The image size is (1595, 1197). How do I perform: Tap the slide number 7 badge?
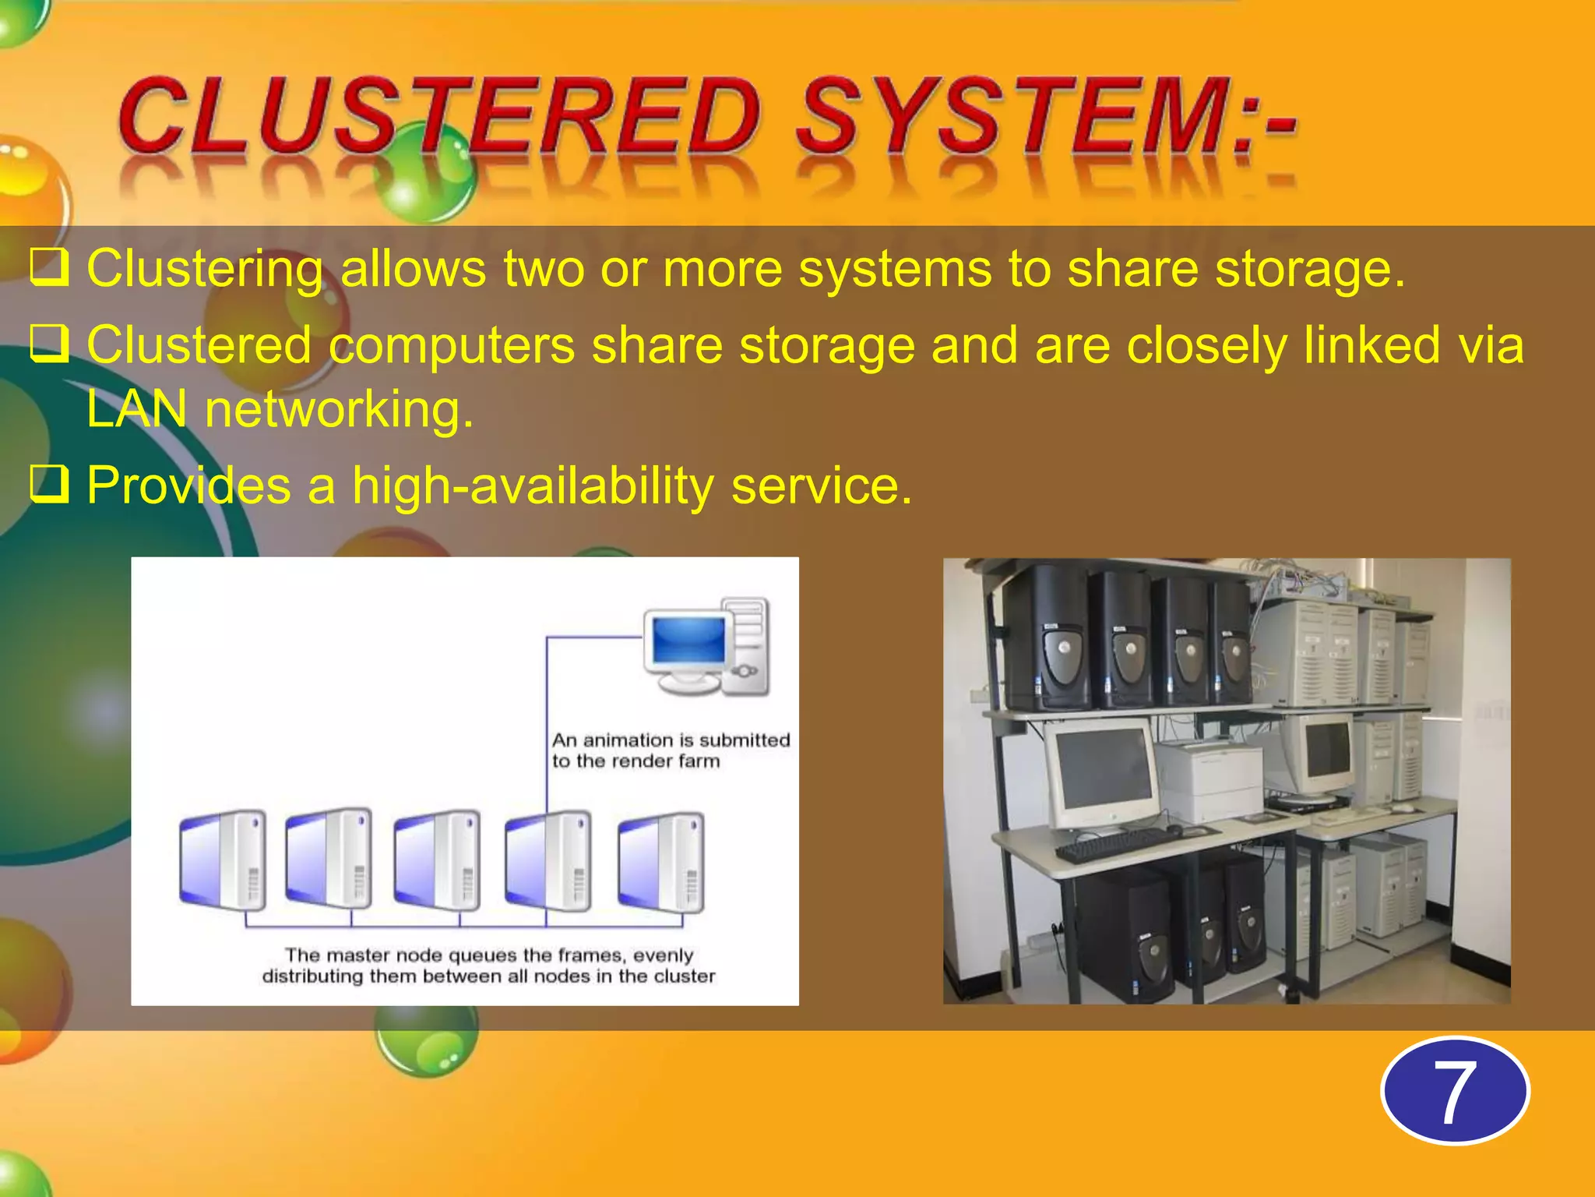click(1454, 1091)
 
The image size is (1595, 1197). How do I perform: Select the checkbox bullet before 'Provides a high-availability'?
click(49, 484)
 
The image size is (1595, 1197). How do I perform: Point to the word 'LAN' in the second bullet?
click(137, 409)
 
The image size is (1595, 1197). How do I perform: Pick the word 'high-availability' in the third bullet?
click(533, 486)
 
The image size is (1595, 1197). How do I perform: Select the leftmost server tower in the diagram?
click(223, 860)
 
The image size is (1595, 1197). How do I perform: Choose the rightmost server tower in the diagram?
click(661, 862)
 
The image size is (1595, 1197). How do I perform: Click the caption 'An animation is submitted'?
click(671, 740)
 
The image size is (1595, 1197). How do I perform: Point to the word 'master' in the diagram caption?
click(357, 955)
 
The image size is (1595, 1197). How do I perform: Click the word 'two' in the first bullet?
click(543, 269)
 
